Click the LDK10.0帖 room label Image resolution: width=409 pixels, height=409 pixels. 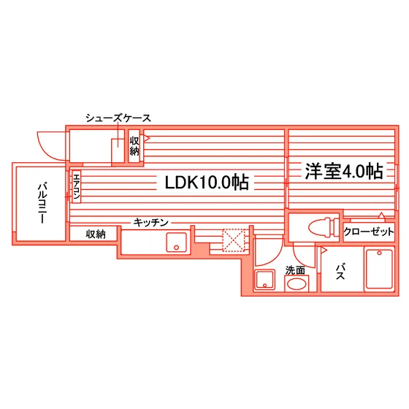click(x=207, y=182)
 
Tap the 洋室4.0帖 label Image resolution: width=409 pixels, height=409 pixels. click(x=344, y=171)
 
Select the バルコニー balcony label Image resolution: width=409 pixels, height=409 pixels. click(x=42, y=203)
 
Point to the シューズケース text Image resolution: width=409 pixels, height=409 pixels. click(x=118, y=118)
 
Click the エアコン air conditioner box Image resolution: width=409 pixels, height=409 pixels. click(x=76, y=186)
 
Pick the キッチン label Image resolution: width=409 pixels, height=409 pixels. click(x=150, y=223)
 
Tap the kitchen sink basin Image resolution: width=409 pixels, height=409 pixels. click(x=176, y=242)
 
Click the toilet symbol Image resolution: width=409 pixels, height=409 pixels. click(x=324, y=226)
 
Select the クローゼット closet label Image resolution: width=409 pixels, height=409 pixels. click(x=368, y=232)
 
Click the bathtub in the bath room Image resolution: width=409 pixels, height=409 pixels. click(x=379, y=269)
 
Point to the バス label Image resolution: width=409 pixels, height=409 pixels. click(x=340, y=272)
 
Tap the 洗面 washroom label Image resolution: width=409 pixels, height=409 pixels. click(x=295, y=270)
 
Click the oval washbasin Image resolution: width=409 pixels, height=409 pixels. click(x=297, y=283)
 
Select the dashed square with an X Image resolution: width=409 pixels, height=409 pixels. click(x=234, y=240)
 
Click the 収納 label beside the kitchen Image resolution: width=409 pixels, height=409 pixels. click(x=96, y=234)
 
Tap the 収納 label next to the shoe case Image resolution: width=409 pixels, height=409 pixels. click(x=134, y=146)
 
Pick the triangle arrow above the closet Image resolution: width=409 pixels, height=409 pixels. click(x=381, y=215)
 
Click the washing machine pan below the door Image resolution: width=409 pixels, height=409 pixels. click(x=264, y=279)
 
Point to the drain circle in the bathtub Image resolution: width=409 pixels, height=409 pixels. click(x=379, y=253)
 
